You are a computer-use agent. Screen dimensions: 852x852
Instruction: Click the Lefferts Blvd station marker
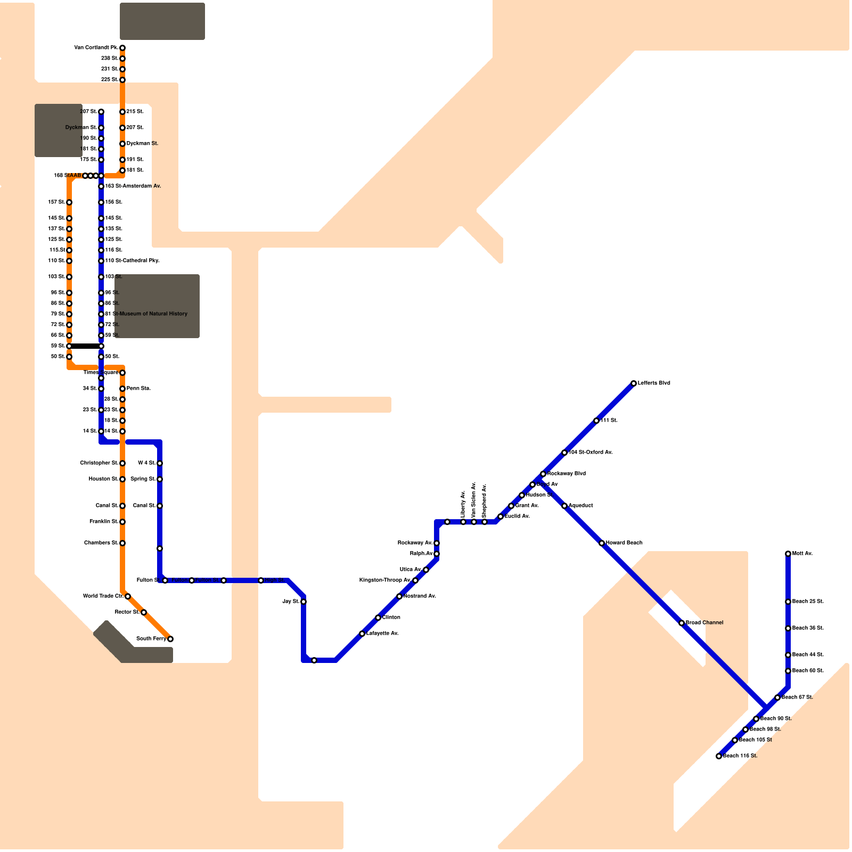coord(634,383)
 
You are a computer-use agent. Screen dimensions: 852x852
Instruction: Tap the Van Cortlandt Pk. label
coord(96,48)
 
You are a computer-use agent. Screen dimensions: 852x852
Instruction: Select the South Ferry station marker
coord(170,639)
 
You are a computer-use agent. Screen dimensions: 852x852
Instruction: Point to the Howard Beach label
coord(624,543)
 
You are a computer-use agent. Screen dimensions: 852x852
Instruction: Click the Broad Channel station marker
coord(682,623)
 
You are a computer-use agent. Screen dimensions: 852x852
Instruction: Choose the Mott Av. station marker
coord(788,554)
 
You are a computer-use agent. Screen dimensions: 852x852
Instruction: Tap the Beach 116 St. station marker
coord(719,756)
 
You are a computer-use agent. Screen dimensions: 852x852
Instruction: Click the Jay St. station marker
coord(304,602)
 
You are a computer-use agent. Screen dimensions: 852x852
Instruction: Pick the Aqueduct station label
coord(580,506)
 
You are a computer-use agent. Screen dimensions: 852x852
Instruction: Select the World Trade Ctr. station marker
coord(128,596)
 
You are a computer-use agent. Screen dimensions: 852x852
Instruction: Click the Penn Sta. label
coord(138,389)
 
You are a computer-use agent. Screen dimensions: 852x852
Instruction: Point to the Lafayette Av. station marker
coord(362,634)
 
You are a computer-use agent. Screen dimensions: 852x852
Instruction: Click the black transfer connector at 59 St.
coord(85,346)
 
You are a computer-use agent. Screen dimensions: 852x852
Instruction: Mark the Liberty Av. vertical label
coord(463,504)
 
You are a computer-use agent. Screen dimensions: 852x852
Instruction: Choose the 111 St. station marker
coord(596,421)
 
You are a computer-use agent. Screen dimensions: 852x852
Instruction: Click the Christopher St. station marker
coord(122,463)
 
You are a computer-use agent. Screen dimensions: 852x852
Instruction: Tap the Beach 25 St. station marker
coord(788,602)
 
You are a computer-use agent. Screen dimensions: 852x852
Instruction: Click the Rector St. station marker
coord(144,612)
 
